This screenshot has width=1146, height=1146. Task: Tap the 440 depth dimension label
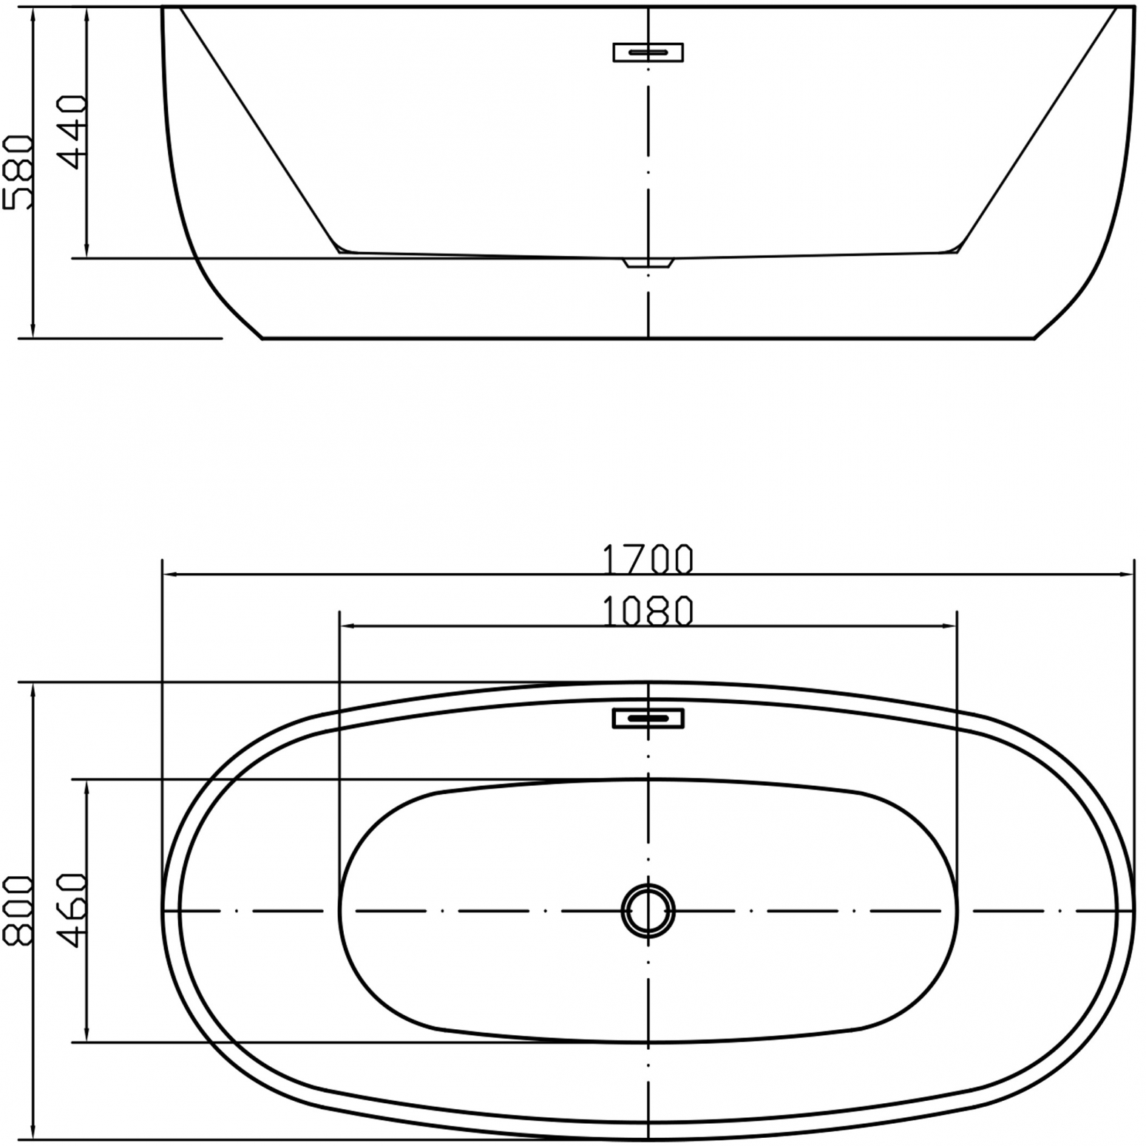click(x=72, y=132)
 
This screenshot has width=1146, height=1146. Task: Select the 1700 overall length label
click(x=648, y=559)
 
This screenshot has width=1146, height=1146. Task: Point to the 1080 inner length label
click(x=648, y=611)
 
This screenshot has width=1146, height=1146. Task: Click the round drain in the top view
click(x=648, y=910)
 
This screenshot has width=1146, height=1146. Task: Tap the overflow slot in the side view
click(x=648, y=52)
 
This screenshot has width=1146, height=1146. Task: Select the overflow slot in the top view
click(x=648, y=718)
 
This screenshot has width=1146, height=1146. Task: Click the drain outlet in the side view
click(x=648, y=263)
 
